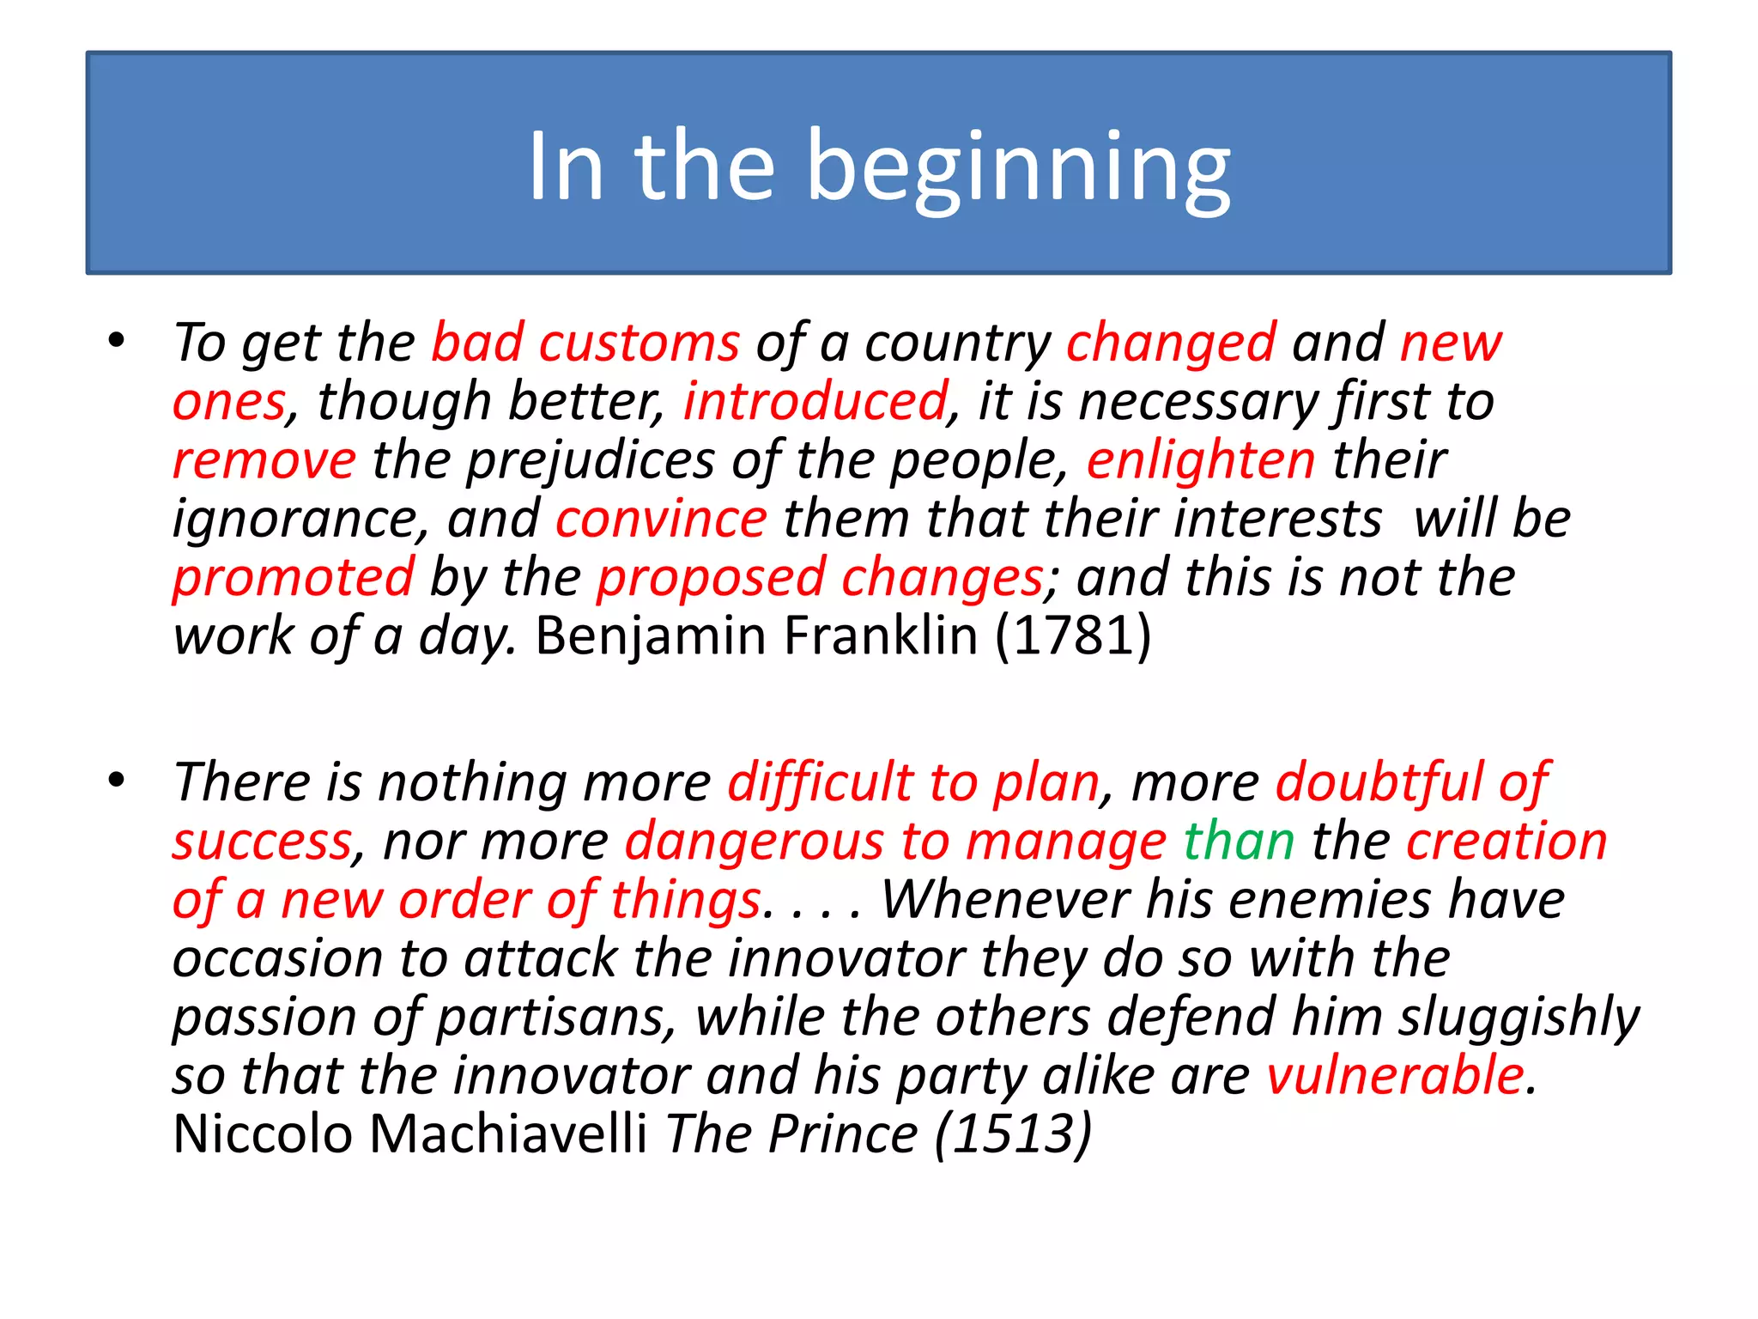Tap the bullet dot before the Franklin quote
tap(117, 340)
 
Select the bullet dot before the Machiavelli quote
tap(117, 780)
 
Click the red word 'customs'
tap(639, 343)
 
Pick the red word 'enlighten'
tap(1201, 459)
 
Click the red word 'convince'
tap(661, 519)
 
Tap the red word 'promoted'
tap(294, 577)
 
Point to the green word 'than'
tap(1239, 841)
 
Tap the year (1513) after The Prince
tap(1013, 1134)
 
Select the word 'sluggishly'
tap(1519, 1018)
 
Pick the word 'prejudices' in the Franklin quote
tap(591, 461)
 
